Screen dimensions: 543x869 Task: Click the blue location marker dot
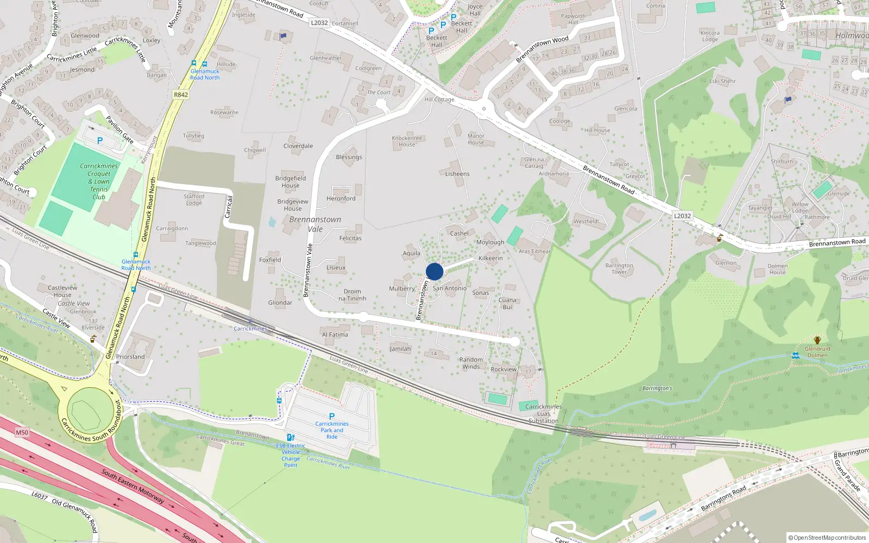434,271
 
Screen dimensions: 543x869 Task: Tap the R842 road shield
181,94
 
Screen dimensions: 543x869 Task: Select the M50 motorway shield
22,433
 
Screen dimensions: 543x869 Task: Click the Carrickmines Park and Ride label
332,430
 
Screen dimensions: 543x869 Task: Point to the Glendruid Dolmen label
817,352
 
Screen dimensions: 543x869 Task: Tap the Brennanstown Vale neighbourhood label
315,224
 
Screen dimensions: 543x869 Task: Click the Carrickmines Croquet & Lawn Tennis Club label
99,181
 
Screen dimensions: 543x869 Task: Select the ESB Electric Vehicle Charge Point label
291,455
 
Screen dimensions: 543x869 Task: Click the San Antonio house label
449,288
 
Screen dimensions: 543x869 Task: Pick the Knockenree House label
407,141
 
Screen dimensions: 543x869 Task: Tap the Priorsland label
130,357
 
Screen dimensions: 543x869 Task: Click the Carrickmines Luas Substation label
543,414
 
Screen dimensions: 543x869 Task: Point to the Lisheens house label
457,174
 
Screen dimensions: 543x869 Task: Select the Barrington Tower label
619,269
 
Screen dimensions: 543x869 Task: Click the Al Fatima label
335,334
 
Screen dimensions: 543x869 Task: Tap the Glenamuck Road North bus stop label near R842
205,74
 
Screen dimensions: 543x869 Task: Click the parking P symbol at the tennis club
100,141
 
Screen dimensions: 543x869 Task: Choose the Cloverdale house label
298,146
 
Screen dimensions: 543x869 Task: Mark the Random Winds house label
471,363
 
